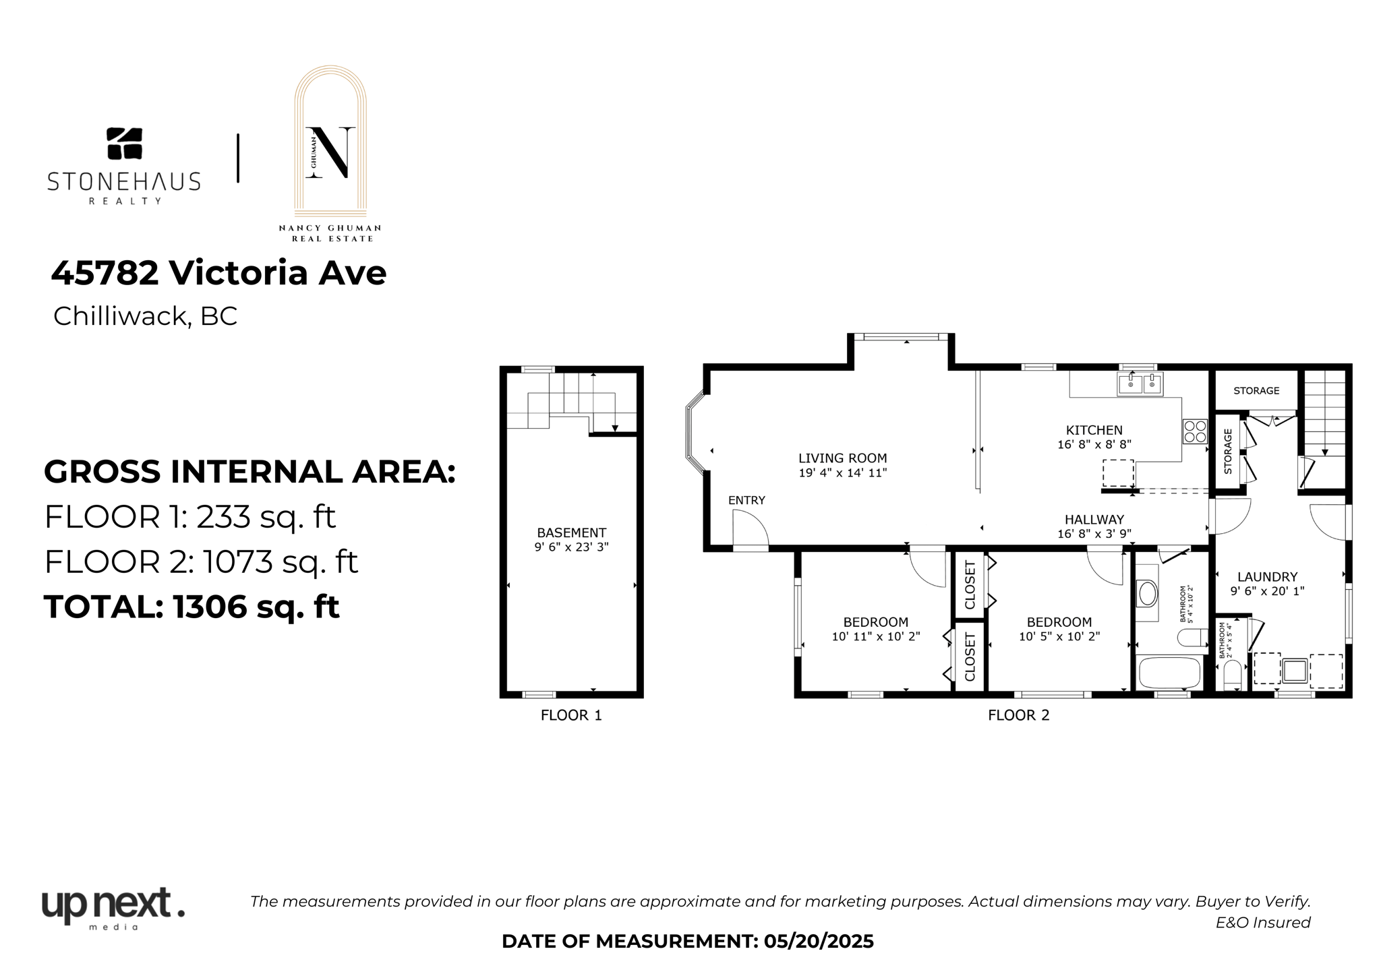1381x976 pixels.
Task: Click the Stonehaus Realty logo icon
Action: (x=125, y=144)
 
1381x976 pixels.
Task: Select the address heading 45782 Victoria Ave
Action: (x=218, y=273)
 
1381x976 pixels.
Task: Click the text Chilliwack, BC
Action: (x=145, y=316)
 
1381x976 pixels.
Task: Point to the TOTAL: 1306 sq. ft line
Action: (x=192, y=607)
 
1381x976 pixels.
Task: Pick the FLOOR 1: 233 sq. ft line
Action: (x=189, y=517)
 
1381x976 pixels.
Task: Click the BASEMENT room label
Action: (x=571, y=532)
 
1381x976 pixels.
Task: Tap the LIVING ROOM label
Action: (x=842, y=458)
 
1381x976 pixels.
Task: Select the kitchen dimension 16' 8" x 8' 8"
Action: (x=1094, y=444)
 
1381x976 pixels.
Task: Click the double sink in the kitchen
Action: (x=1140, y=384)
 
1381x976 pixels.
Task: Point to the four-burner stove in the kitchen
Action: (x=1195, y=431)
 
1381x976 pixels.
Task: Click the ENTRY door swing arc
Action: (x=751, y=528)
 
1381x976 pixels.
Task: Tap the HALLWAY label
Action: (x=1094, y=520)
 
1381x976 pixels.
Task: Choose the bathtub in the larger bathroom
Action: (x=1169, y=673)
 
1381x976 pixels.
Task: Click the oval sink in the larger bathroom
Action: (x=1147, y=594)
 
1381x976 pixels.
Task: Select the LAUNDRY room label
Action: (x=1267, y=577)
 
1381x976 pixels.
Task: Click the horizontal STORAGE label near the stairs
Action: (x=1256, y=391)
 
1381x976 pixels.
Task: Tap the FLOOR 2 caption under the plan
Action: (x=1018, y=715)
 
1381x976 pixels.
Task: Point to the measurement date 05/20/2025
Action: (x=818, y=942)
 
